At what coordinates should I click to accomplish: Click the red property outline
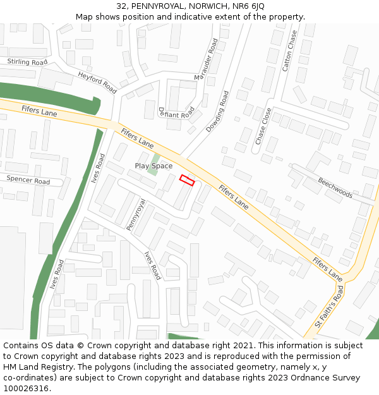pyautogui.click(x=187, y=180)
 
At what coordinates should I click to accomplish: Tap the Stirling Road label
pyautogui.click(x=27, y=62)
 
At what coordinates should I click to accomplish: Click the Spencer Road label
pyautogui.click(x=28, y=180)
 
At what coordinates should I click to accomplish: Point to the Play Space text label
pyautogui.click(x=153, y=166)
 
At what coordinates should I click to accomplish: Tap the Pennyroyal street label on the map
pyautogui.click(x=136, y=215)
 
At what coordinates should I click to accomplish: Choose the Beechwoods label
pyautogui.click(x=335, y=187)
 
